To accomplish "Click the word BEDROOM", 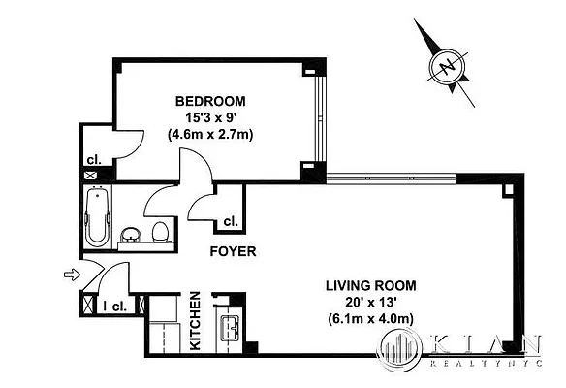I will tap(209, 101).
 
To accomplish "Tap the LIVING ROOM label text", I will tap(369, 285).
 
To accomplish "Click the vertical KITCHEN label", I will tap(195, 320).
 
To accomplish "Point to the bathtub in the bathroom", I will tap(97, 219).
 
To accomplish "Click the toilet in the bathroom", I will tap(160, 231).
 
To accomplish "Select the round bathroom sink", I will tap(131, 235).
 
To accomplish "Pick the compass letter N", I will tap(446, 67).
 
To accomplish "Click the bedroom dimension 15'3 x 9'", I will tap(209, 117).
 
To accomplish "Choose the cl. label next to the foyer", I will tap(231, 221).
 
